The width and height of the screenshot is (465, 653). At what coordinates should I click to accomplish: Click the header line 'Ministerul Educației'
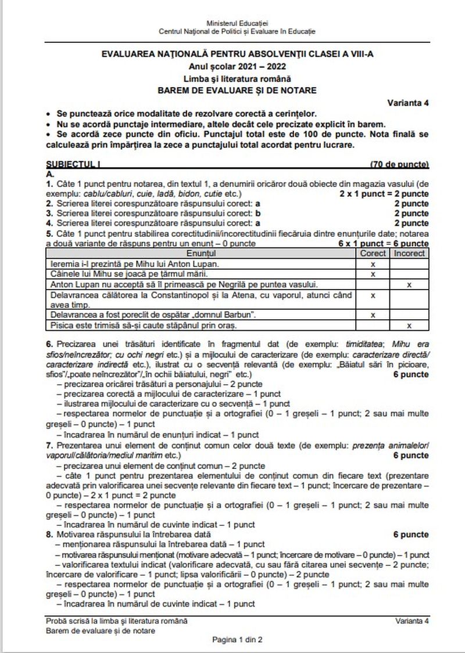pos(237,22)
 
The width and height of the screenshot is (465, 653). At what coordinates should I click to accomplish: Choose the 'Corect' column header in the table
pos(373,254)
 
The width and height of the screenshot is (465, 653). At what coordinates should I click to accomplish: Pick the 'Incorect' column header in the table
pos(409,254)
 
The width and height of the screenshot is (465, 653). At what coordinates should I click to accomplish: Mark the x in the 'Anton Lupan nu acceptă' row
pos(409,284)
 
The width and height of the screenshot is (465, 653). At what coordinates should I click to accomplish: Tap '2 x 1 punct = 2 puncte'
pos(384,193)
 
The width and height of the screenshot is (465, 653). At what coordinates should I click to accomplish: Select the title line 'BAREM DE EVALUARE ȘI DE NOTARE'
pos(237,90)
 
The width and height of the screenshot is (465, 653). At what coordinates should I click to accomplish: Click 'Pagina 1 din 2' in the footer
pos(237,640)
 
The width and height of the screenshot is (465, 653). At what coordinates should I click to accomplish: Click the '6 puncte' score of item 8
pos(411,534)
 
